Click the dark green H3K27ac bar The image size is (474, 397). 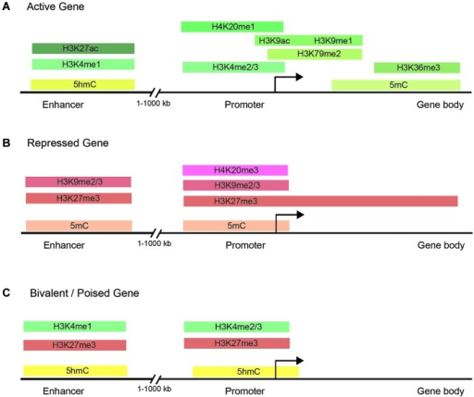pos(83,48)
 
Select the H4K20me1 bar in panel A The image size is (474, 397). pos(232,27)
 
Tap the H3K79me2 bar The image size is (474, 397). pos(315,54)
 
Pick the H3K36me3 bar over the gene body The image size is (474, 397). pos(417,68)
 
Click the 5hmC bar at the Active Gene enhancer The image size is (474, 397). pos(82,84)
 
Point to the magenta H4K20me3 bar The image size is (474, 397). pos(235,170)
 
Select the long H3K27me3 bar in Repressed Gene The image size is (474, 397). pos(320,201)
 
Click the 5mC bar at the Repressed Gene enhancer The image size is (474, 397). pos(79,226)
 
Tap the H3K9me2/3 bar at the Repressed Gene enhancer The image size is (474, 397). pos(78,182)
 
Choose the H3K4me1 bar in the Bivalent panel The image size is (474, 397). pos(75,327)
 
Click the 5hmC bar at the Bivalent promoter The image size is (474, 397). pos(245,372)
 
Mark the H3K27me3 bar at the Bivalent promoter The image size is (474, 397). pos(237,343)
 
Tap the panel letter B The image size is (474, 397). pos(6,143)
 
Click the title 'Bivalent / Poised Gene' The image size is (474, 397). pos(84,293)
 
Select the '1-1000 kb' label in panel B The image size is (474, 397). pos(155,243)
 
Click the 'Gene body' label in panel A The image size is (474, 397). pos(440,105)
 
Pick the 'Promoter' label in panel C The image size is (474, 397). pos(244,391)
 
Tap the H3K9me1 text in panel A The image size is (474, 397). pos(333,41)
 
